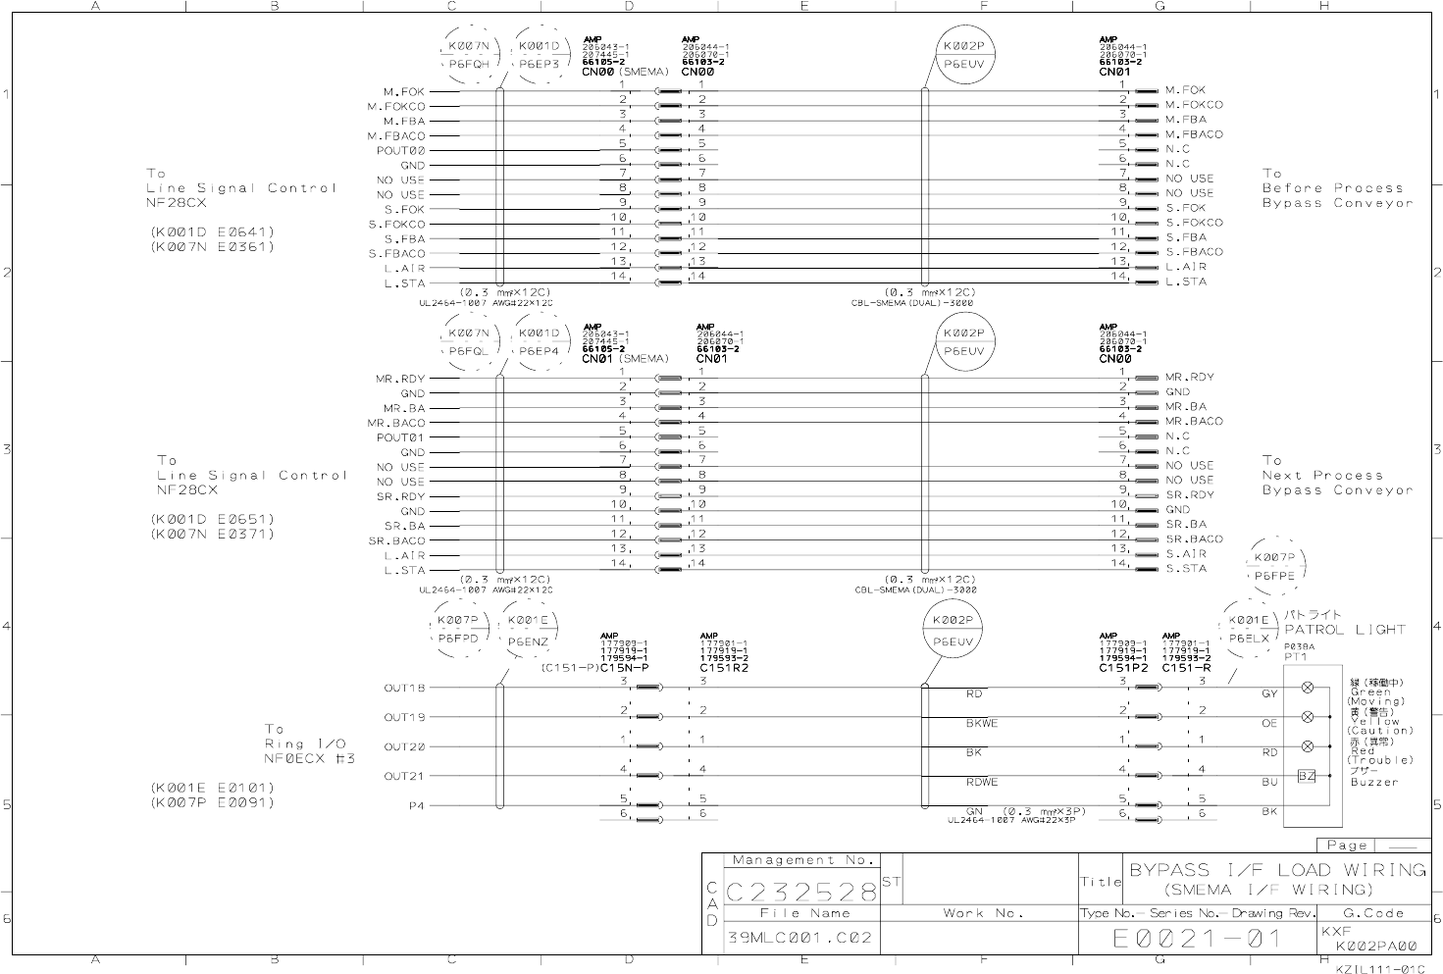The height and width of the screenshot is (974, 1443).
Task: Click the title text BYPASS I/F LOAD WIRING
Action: point(1277,870)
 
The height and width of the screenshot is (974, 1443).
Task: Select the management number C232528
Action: point(802,892)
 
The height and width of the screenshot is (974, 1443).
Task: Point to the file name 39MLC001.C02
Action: point(799,938)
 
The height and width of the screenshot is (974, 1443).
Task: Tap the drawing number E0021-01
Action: point(1197,939)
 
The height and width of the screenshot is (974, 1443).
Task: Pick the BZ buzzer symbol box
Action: point(1307,776)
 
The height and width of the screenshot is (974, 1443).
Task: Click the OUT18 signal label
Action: point(404,689)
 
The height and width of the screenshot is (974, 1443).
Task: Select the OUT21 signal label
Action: point(404,777)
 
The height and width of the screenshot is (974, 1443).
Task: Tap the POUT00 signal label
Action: point(401,151)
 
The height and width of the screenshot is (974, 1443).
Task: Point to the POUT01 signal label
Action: point(401,437)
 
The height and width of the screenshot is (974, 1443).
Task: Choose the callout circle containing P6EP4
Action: point(539,342)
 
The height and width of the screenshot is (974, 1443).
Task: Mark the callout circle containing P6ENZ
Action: point(529,631)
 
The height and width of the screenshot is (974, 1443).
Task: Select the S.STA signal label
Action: point(1186,569)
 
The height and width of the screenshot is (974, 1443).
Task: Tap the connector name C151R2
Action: point(724,668)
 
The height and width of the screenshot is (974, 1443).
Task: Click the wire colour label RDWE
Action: point(982,783)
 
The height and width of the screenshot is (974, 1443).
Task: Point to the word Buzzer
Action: point(1374,783)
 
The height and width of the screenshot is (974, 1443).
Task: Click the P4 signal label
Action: point(417,807)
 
